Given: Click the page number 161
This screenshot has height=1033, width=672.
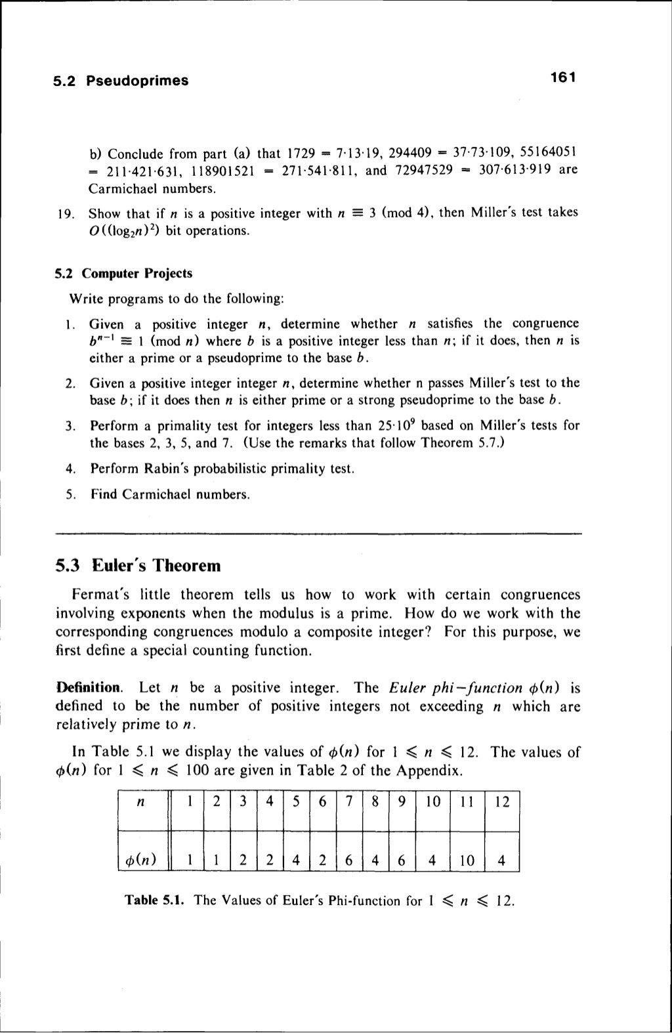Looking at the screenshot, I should (x=562, y=79).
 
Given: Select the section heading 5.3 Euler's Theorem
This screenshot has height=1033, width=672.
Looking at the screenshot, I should (x=138, y=565).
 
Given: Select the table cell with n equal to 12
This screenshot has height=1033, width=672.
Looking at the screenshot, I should (x=501, y=803).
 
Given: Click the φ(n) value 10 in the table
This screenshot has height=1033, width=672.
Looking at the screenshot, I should (x=466, y=860).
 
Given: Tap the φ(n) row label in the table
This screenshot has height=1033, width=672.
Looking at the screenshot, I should (x=140, y=860).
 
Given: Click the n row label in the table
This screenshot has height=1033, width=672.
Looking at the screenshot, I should (x=140, y=803).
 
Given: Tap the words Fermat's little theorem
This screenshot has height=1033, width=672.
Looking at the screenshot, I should (x=152, y=595).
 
